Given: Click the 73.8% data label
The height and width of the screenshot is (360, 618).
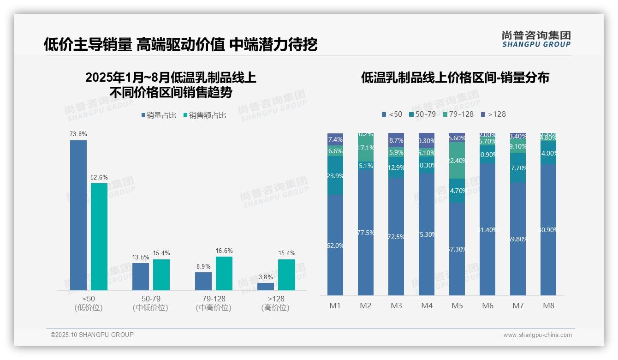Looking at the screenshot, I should pyautogui.click(x=78, y=134).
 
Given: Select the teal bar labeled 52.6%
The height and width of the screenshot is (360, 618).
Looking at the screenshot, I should pyautogui.click(x=99, y=236).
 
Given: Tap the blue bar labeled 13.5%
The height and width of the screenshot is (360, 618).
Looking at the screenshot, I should pyautogui.click(x=141, y=276).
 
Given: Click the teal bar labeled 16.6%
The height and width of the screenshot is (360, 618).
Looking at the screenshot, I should pyautogui.click(x=224, y=273).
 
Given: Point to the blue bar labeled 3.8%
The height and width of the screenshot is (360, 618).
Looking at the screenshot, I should pyautogui.click(x=266, y=286).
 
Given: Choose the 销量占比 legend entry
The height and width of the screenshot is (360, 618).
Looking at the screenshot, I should pyautogui.click(x=159, y=115).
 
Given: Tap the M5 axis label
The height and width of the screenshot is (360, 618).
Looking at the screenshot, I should pyautogui.click(x=457, y=306).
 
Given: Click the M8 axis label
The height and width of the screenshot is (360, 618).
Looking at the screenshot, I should pyautogui.click(x=548, y=306).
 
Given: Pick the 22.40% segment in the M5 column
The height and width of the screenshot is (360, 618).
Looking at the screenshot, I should pyautogui.click(x=457, y=161).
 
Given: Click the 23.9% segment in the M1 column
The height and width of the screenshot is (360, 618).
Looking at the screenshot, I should pyautogui.click(x=335, y=175).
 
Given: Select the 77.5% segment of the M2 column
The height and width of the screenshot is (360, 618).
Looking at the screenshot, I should pyautogui.click(x=366, y=232).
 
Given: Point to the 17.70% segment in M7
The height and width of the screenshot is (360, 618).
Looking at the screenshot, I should pyautogui.click(x=518, y=168).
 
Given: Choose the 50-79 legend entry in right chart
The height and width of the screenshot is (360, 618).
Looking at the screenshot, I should pyautogui.click(x=422, y=114).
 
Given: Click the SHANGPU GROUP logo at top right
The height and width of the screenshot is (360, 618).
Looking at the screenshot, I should pyautogui.click(x=536, y=39).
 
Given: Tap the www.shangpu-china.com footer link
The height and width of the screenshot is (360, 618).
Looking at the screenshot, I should pyautogui.click(x=537, y=335).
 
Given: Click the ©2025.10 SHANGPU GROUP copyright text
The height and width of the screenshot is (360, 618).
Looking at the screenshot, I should pyautogui.click(x=92, y=335).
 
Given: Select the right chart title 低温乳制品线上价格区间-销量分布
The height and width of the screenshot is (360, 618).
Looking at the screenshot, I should pyautogui.click(x=455, y=78).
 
